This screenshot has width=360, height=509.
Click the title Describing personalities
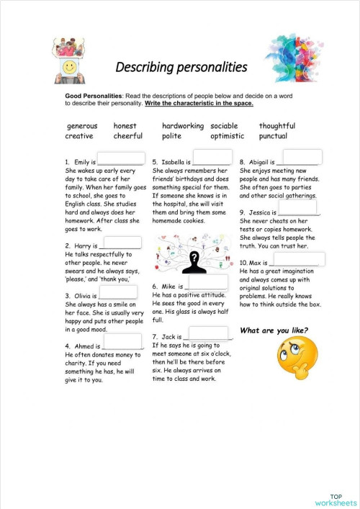point(181,68)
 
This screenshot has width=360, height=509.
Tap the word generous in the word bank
point(81,126)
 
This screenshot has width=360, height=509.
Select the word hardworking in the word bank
point(182,126)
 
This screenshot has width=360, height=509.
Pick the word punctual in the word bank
point(273,136)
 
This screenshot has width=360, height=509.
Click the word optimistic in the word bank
point(227,136)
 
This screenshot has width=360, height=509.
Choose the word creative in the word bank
point(79,136)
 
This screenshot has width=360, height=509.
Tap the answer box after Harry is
point(122,243)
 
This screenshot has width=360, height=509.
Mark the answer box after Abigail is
point(302,158)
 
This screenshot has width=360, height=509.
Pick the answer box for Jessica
point(297,210)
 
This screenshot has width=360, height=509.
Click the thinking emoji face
point(297,360)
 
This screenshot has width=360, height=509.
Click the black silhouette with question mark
point(192,262)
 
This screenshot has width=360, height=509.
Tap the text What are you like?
point(274,331)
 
